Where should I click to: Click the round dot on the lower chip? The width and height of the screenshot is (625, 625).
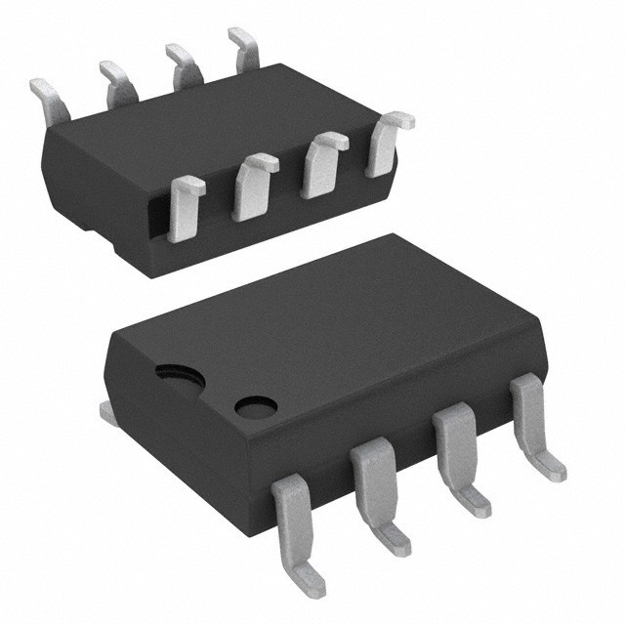click(x=256, y=405)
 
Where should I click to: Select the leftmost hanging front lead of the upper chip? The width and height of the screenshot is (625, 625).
click(x=185, y=207)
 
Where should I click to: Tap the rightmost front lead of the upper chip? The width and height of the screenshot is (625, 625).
click(x=386, y=142)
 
